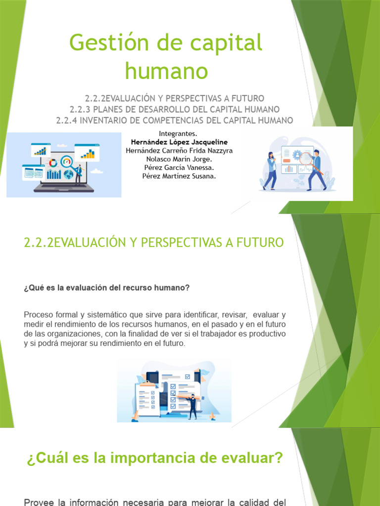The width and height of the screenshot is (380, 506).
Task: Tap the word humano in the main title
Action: pos(166,70)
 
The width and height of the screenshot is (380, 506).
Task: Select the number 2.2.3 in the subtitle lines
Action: pos(81,109)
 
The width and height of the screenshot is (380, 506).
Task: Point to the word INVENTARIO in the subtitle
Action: pos(107,120)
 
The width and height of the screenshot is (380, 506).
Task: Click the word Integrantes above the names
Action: pos(179,134)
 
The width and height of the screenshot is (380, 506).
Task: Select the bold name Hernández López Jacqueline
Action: pos(179,142)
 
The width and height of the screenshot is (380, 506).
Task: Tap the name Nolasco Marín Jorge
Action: pos(179,159)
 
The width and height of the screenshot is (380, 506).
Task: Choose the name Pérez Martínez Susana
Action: pos(179,176)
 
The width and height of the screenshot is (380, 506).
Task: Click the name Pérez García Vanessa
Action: pos(179,168)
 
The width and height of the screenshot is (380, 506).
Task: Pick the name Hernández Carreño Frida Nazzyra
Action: pos(179,151)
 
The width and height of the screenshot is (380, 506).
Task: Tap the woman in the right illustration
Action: pos(271,170)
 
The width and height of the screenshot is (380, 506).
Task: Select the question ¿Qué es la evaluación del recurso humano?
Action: pos(106,288)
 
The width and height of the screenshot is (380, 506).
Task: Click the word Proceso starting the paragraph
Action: pos(38,314)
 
